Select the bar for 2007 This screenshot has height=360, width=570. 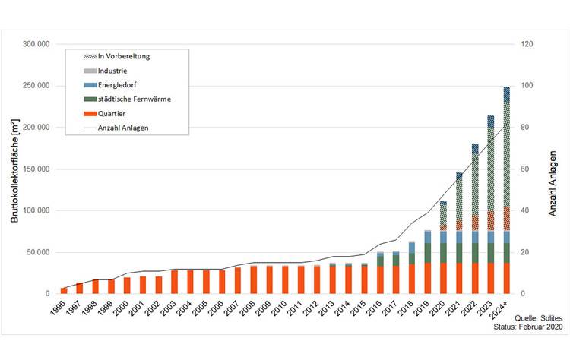[x=239, y=280]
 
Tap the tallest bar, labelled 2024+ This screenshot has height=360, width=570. [x=506, y=190]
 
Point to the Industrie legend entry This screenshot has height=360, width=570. [x=113, y=71]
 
